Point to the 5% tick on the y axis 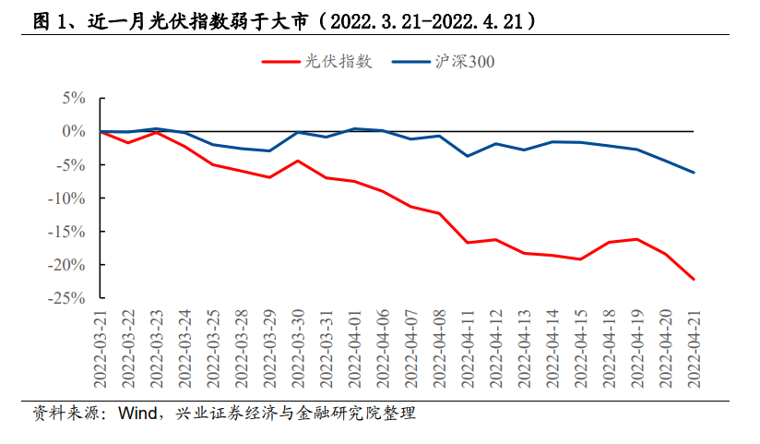tap(74, 98)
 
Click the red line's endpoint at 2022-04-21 tap(694, 279)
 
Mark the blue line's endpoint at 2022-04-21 tap(694, 173)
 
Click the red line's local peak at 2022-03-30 tap(298, 161)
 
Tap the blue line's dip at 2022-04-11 tap(468, 156)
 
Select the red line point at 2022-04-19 tap(637, 239)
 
